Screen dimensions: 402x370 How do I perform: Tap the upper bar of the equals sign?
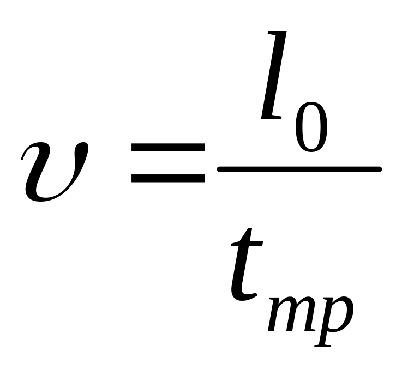pyautogui.click(x=167, y=148)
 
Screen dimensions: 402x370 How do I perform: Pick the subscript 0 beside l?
pyautogui.click(x=311, y=122)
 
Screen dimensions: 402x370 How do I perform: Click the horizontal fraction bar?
pyautogui.click(x=298, y=170)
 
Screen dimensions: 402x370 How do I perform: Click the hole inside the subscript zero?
pyautogui.click(x=311, y=122)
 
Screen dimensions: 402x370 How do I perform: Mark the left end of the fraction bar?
pyautogui.click(x=220, y=170)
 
